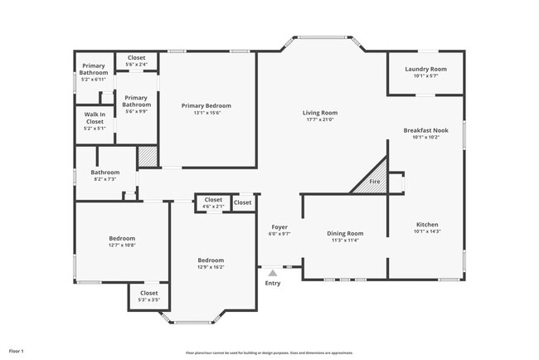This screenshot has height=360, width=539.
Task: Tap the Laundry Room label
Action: (x=425, y=69)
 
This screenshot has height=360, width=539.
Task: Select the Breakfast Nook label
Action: (x=425, y=131)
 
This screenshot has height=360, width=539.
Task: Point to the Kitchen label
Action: (x=426, y=225)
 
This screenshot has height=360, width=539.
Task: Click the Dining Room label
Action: (x=344, y=234)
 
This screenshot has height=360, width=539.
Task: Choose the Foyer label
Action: (x=279, y=227)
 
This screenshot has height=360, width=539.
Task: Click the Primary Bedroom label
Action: (x=206, y=106)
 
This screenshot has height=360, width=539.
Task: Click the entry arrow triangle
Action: (x=272, y=271)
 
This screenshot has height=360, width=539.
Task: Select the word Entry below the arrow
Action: (x=272, y=284)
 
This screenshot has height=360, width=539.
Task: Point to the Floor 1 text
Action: (x=17, y=351)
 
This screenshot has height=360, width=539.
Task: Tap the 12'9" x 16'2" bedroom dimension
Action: (x=210, y=267)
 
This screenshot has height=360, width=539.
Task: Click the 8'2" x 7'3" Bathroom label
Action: (x=104, y=175)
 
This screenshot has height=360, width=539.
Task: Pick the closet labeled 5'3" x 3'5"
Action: (x=148, y=296)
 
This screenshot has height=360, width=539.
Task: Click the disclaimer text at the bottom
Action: (x=269, y=352)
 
